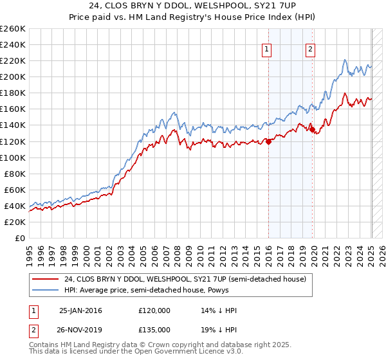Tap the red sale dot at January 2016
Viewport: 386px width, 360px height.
tap(268, 142)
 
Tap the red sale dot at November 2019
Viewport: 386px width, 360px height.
tap(313, 130)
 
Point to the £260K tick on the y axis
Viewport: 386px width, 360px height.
tap(12, 29)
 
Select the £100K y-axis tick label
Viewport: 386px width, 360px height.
tap(12, 157)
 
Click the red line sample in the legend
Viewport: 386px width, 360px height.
tap(46, 279)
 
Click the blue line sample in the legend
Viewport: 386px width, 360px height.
tap(46, 290)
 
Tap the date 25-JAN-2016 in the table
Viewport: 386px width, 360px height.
tap(80, 310)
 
